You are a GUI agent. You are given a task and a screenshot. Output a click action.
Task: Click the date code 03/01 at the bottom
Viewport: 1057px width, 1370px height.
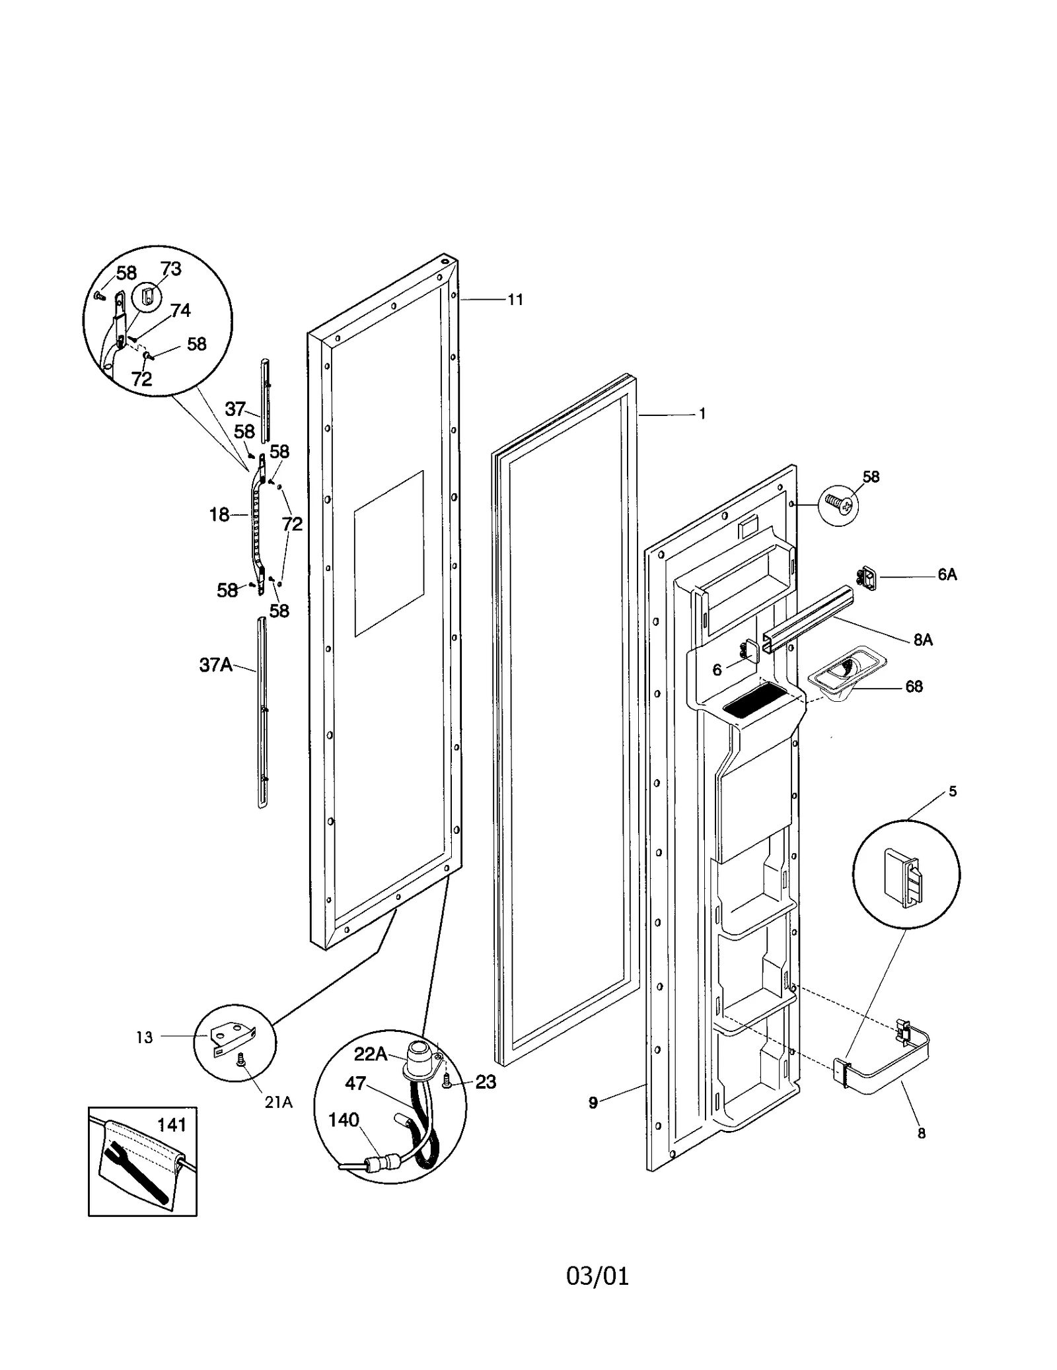click(x=597, y=1276)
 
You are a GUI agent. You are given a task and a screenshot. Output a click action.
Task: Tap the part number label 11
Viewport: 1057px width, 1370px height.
click(x=515, y=300)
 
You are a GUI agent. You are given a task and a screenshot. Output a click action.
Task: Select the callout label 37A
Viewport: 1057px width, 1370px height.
click(x=215, y=665)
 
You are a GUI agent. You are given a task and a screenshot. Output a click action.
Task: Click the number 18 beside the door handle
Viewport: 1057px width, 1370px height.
click(x=219, y=514)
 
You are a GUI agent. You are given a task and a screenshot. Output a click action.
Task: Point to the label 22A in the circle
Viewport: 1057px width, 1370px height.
click(x=370, y=1054)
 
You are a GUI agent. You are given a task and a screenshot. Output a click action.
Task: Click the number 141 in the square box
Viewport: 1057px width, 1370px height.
click(x=172, y=1124)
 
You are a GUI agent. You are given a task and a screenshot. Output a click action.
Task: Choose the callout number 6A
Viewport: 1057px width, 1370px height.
click(x=947, y=574)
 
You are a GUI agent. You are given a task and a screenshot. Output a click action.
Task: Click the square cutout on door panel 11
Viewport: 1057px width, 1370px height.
click(x=388, y=553)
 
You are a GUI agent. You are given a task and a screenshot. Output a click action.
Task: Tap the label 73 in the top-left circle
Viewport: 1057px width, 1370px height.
click(x=170, y=269)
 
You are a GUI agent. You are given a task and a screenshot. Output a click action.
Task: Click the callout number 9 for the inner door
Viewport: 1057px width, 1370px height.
click(x=593, y=1102)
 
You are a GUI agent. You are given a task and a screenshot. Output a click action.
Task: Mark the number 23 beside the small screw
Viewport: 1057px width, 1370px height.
click(x=486, y=1081)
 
